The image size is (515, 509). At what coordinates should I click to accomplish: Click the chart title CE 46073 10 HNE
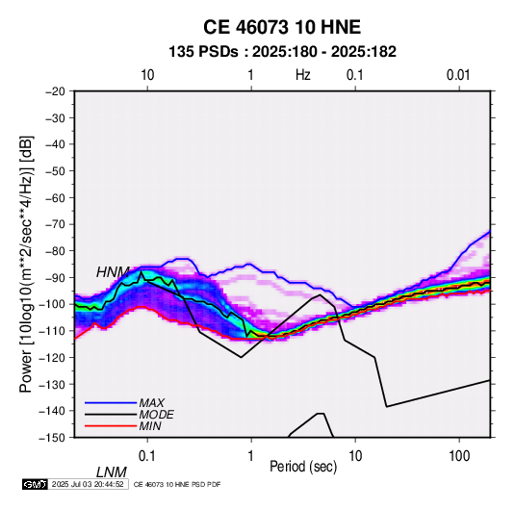click(x=282, y=27)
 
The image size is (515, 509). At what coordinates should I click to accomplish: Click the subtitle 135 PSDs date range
click(x=282, y=52)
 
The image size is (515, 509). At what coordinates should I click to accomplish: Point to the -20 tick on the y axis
click(x=56, y=91)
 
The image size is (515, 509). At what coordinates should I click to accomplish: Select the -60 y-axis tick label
click(x=56, y=197)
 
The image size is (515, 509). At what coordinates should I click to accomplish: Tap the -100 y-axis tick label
click(x=53, y=304)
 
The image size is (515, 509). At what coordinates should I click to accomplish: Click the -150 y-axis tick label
click(x=53, y=437)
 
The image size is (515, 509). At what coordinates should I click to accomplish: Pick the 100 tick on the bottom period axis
click(x=459, y=455)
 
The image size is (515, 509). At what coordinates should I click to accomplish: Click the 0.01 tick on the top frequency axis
click(x=458, y=75)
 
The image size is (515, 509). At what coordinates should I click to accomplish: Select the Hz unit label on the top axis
click(x=303, y=75)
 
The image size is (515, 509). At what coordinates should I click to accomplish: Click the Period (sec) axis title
click(x=303, y=467)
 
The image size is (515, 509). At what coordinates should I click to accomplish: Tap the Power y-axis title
click(x=26, y=265)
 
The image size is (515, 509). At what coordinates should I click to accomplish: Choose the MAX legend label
click(x=152, y=402)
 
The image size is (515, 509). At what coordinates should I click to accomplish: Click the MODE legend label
click(x=156, y=415)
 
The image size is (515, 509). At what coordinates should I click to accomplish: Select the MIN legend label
click(x=150, y=426)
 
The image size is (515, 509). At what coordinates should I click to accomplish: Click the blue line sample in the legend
click(x=111, y=402)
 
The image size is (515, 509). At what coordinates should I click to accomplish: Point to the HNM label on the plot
click(x=113, y=272)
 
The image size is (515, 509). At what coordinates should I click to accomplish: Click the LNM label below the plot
click(x=112, y=472)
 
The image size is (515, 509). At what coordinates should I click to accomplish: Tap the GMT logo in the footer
click(x=36, y=484)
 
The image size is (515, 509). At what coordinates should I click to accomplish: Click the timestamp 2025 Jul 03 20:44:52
click(x=88, y=484)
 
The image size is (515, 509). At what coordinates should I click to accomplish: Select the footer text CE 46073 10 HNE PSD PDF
click(x=177, y=484)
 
